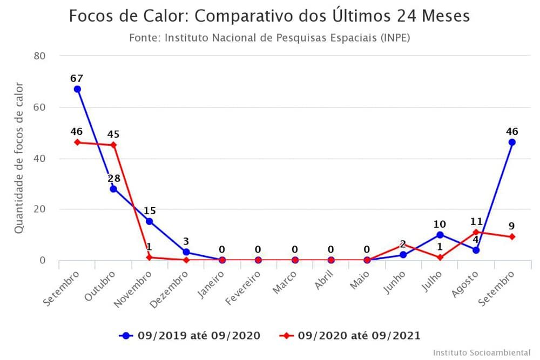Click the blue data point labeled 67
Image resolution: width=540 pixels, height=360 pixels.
(x=77, y=89)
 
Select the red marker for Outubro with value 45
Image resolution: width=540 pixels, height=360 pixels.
(x=113, y=145)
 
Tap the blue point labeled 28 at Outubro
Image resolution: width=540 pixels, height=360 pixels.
(x=113, y=189)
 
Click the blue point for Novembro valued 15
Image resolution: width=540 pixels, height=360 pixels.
(x=150, y=221)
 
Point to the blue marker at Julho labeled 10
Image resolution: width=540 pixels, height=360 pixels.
(x=440, y=235)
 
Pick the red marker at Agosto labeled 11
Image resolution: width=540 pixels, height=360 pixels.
(x=476, y=232)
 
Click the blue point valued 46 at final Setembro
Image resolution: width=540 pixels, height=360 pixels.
(x=512, y=142)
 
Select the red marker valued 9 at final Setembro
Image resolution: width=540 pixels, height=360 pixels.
(x=512, y=237)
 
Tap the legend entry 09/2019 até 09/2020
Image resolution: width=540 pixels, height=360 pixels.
(x=190, y=336)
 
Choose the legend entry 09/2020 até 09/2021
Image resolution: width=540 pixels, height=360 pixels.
(x=350, y=336)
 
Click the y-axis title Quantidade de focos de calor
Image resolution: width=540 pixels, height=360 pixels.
(x=19, y=158)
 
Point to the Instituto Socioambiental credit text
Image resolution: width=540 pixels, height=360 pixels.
(x=482, y=352)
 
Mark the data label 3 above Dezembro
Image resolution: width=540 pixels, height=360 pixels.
(x=186, y=241)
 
